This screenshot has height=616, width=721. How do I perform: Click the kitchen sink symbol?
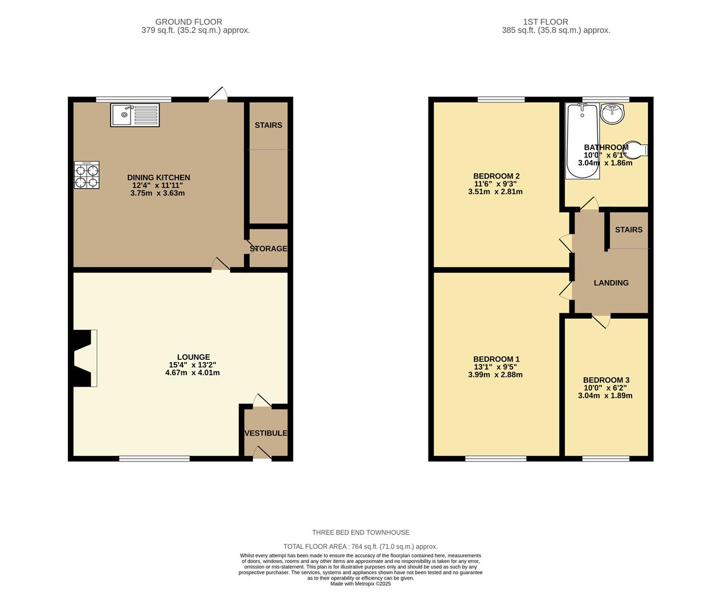click(x=135, y=115)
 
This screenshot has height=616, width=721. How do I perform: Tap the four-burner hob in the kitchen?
click(x=87, y=175)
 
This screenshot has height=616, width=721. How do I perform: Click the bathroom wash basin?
click(x=613, y=113)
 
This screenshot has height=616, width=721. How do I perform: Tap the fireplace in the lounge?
click(x=83, y=359)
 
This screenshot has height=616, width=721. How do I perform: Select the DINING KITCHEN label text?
click(x=158, y=177)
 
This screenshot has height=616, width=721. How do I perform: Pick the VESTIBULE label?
click(x=266, y=433)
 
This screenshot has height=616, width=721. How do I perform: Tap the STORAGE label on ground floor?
click(x=268, y=249)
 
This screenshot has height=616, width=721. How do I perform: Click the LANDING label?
click(x=611, y=283)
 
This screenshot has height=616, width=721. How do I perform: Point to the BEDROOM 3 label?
click(x=606, y=380)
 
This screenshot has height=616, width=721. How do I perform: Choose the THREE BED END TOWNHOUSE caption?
click(x=360, y=532)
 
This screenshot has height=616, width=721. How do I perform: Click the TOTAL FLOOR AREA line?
click(x=360, y=546)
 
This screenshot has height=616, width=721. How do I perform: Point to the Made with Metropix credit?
click(x=360, y=583)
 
